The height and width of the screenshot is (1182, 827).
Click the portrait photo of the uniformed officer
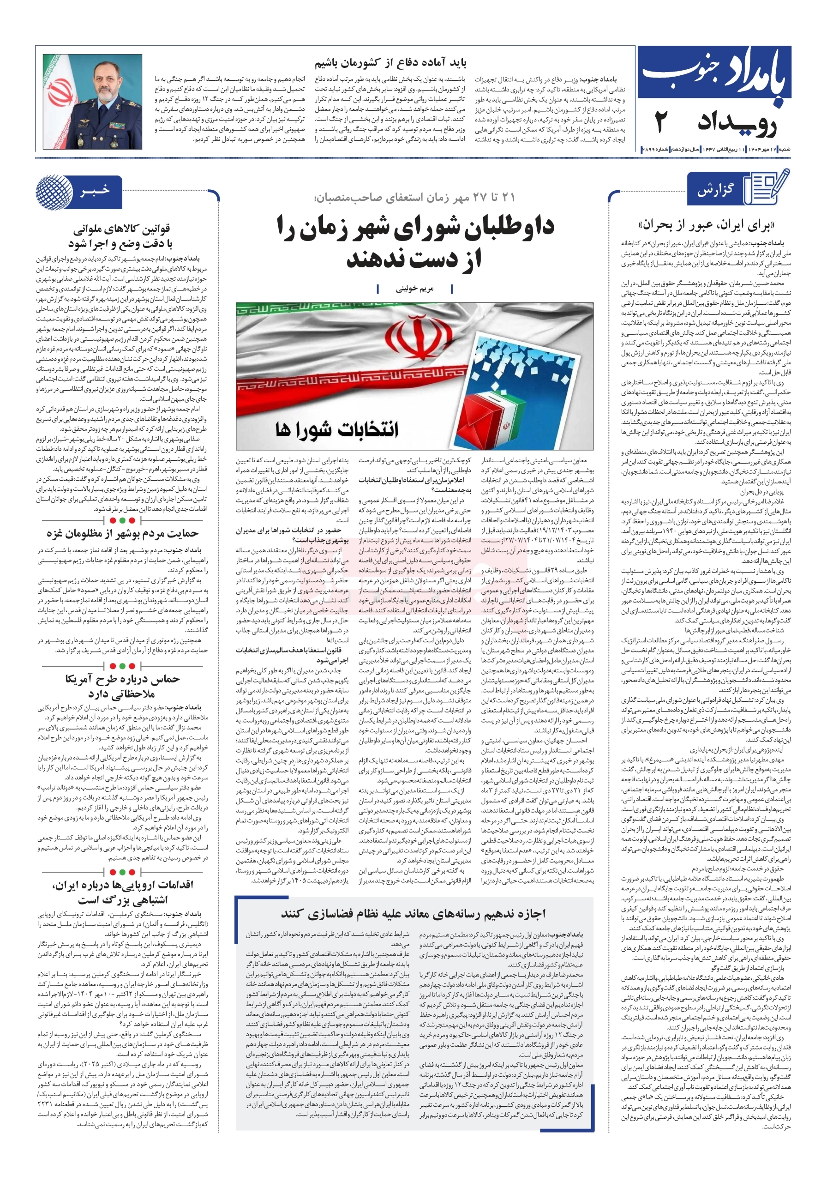pyautogui.click(x=92, y=102)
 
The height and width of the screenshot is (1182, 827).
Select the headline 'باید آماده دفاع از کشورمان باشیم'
pyautogui.click(x=390, y=64)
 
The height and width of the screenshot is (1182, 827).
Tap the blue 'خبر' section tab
pyautogui.click(x=95, y=191)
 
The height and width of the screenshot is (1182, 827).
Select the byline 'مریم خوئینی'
pyautogui.click(x=414, y=289)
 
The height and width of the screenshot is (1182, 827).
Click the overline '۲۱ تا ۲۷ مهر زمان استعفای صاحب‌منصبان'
pyautogui.click(x=415, y=197)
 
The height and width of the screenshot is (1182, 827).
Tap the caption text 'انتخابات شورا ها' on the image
pyautogui.click(x=337, y=429)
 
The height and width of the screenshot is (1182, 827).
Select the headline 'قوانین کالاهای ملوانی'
pyautogui.click(x=121, y=229)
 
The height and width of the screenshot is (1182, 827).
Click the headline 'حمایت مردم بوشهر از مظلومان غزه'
pyautogui.click(x=122, y=533)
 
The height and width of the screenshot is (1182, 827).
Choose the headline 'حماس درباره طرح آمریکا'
pyautogui.click(x=122, y=679)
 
